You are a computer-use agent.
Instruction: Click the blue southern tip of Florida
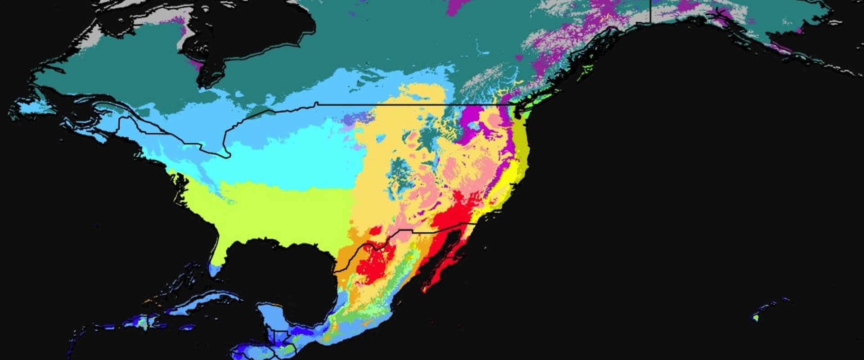point(215,270)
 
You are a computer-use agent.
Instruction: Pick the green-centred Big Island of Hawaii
point(756,318)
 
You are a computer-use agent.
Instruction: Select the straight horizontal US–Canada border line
point(405,104)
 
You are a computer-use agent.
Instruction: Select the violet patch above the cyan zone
point(355,119)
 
